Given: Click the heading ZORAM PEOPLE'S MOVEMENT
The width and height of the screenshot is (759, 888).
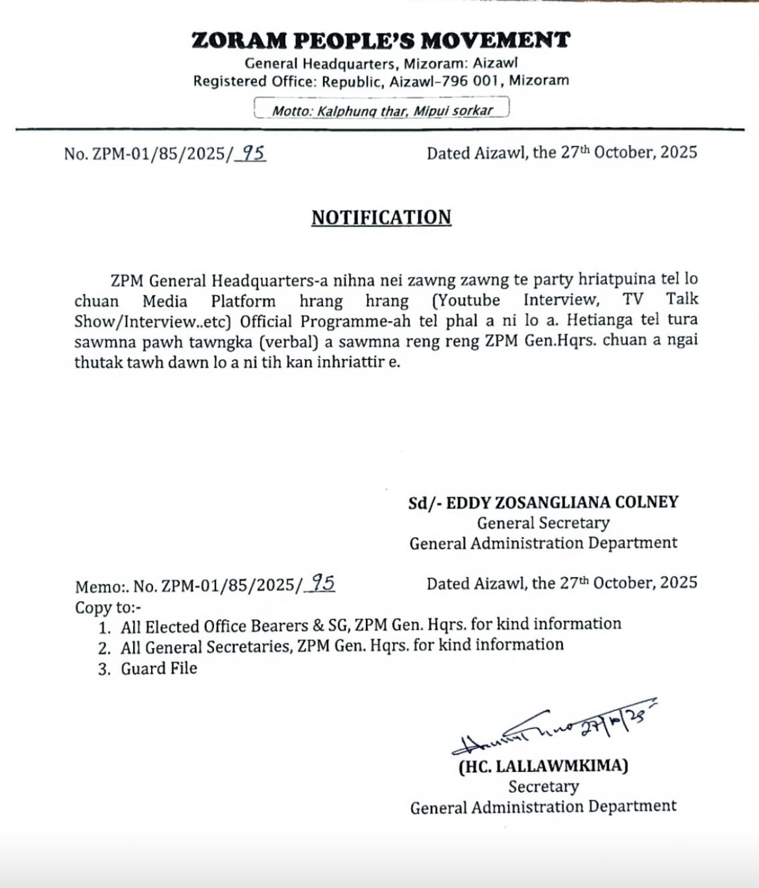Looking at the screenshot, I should pos(381,41).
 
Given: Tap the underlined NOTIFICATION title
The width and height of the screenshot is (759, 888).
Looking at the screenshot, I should pos(381,217).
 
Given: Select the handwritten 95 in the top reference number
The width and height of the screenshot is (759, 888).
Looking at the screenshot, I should pos(252,153).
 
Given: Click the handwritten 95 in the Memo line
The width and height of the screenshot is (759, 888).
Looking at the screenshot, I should pos(322,584).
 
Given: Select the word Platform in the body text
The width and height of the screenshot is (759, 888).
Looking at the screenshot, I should pos(243,302).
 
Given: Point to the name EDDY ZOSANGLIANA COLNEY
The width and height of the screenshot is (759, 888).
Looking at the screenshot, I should pos(562,503).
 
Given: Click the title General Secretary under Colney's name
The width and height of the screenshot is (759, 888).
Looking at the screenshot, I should pos(543,523).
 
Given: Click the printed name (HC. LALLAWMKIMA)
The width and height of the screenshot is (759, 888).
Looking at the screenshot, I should pos(543,766).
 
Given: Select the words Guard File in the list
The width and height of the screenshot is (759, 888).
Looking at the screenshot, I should pos(159,668).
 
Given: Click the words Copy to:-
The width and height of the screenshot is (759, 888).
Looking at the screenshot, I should pos(108,608).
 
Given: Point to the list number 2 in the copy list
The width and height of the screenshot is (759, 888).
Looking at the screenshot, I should pos(104,648).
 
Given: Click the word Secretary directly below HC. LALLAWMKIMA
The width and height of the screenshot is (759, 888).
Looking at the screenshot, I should pos(543,787).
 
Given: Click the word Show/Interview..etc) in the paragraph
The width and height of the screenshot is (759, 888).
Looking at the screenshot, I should pos(156,322).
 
